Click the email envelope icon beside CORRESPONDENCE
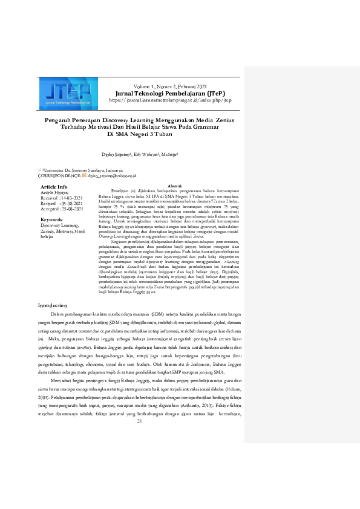coord(84,176)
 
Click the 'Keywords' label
coord(52,219)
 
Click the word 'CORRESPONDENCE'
coord(59,176)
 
